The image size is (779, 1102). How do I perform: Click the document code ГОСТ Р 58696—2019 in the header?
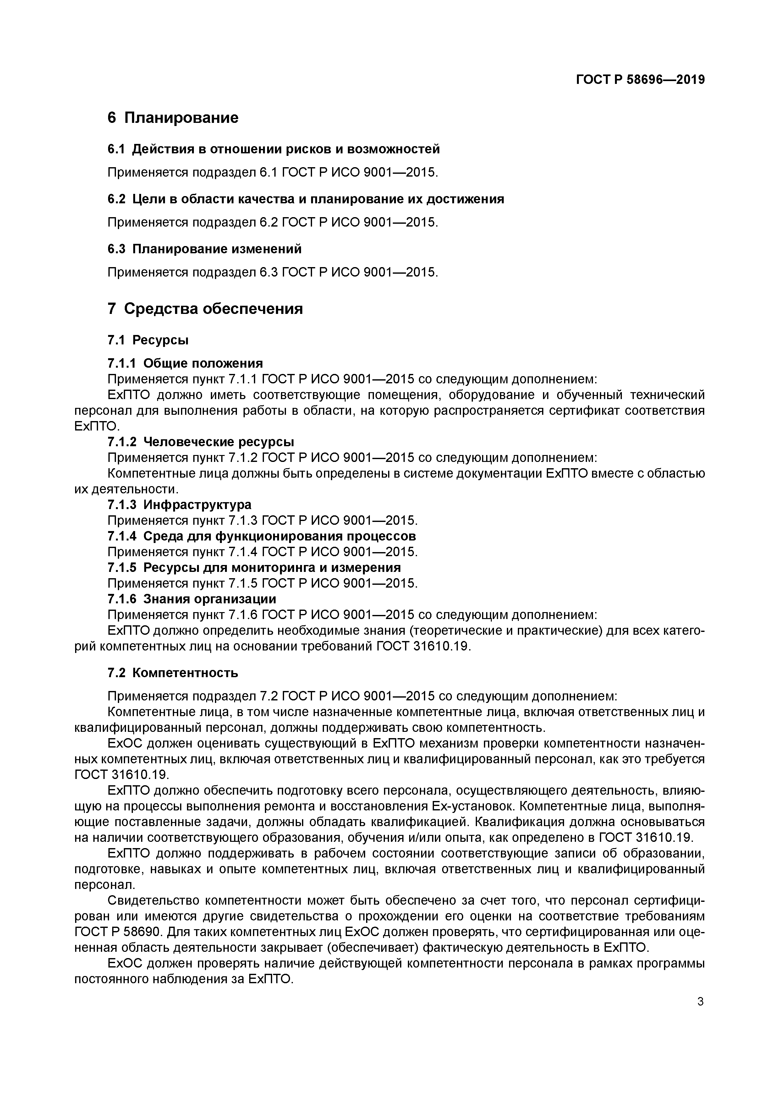[640, 80]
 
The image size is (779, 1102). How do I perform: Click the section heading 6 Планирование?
[173, 118]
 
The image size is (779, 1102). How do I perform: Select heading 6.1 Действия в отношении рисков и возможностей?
[274, 149]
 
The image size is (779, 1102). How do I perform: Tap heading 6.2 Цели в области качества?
[306, 199]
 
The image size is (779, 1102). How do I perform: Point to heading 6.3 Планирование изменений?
[205, 249]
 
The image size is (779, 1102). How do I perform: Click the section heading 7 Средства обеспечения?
[206, 309]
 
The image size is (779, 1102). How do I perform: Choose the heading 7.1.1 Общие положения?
[185, 363]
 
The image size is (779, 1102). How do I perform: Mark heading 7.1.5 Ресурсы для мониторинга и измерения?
[254, 568]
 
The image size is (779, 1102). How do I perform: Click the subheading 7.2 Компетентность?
[173, 673]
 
